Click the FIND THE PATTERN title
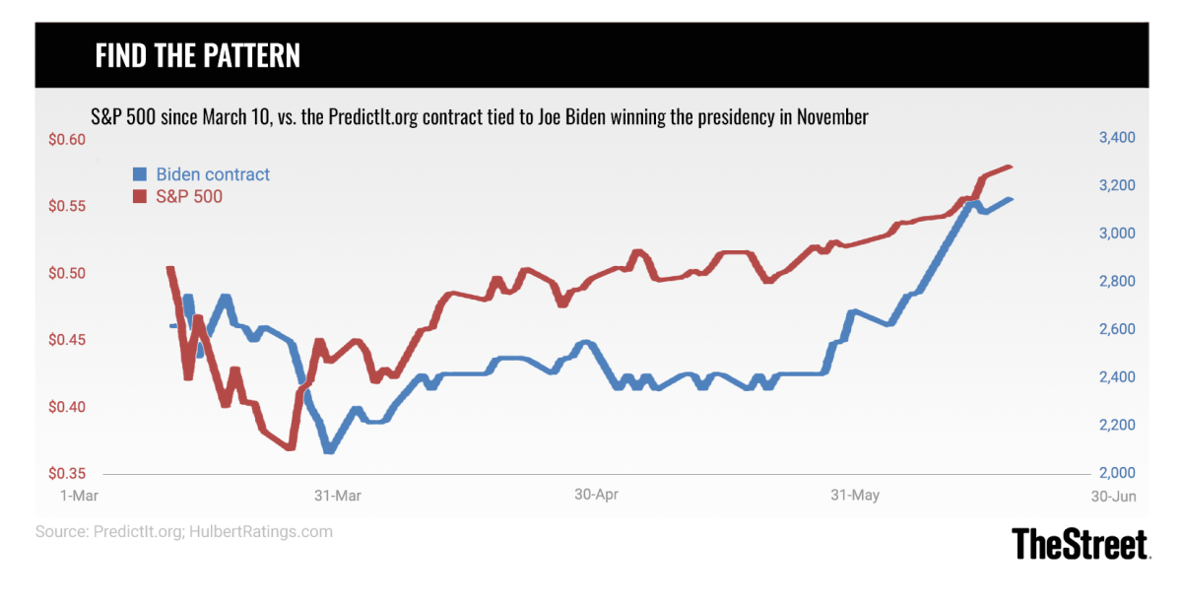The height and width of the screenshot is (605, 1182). [197, 55]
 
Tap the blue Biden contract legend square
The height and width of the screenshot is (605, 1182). [140, 174]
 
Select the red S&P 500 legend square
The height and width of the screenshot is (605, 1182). [140, 196]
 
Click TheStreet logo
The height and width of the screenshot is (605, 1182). [1081, 544]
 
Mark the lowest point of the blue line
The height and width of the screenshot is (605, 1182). [329, 450]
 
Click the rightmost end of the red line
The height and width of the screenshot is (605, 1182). [1011, 167]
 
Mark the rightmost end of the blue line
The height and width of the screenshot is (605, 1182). [1011, 199]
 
